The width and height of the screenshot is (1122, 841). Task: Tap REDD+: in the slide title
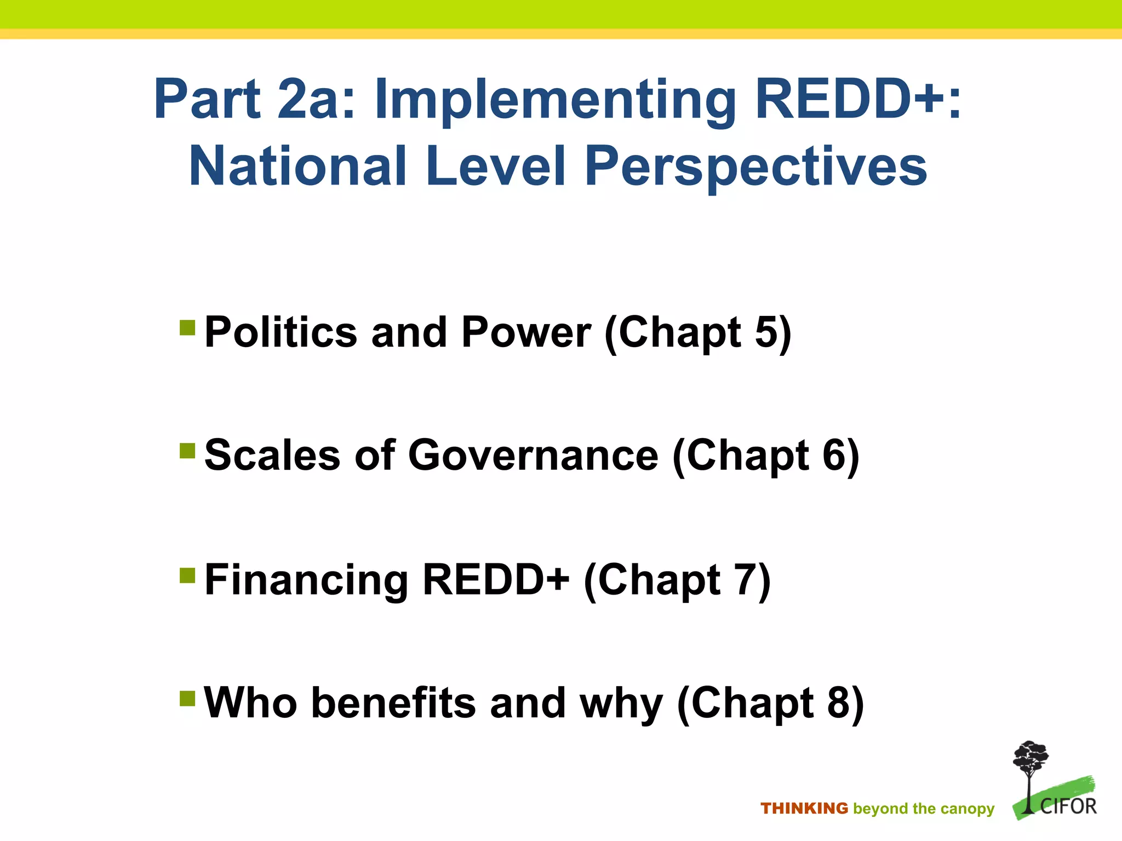(857, 99)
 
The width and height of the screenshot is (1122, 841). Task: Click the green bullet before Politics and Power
(187, 327)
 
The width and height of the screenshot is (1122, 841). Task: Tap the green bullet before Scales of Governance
(187, 451)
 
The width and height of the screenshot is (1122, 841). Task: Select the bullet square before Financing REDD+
(187, 575)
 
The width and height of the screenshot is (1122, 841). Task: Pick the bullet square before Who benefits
(187, 698)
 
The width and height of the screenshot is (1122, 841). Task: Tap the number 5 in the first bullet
(766, 332)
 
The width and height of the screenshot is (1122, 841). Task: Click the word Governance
(533, 455)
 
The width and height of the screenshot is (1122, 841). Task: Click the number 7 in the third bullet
(746, 579)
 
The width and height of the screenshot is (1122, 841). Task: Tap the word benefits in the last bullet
(393, 702)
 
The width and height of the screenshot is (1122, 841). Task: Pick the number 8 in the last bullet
(839, 702)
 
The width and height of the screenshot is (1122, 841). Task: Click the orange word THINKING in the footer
(804, 808)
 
